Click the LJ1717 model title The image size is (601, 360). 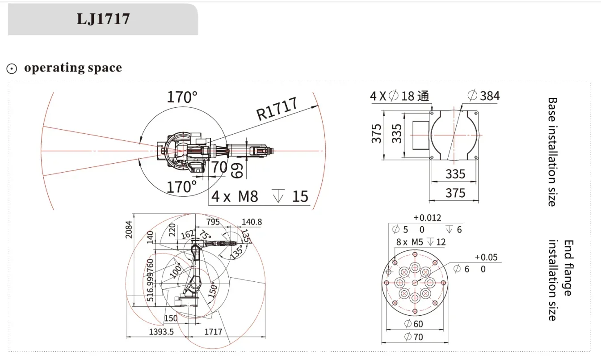103,19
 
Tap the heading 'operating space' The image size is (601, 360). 73,68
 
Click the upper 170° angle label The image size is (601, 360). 182,97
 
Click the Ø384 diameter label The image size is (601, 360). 483,96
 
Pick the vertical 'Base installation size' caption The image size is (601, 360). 552,152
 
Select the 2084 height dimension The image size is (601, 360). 129,229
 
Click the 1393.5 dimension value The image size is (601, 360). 161,332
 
